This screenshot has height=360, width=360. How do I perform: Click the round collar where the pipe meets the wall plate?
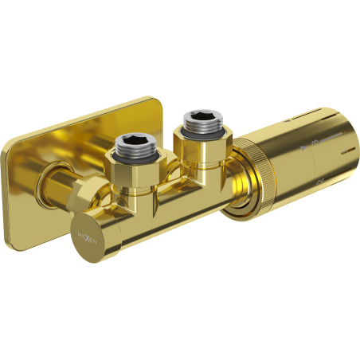click(57, 175)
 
